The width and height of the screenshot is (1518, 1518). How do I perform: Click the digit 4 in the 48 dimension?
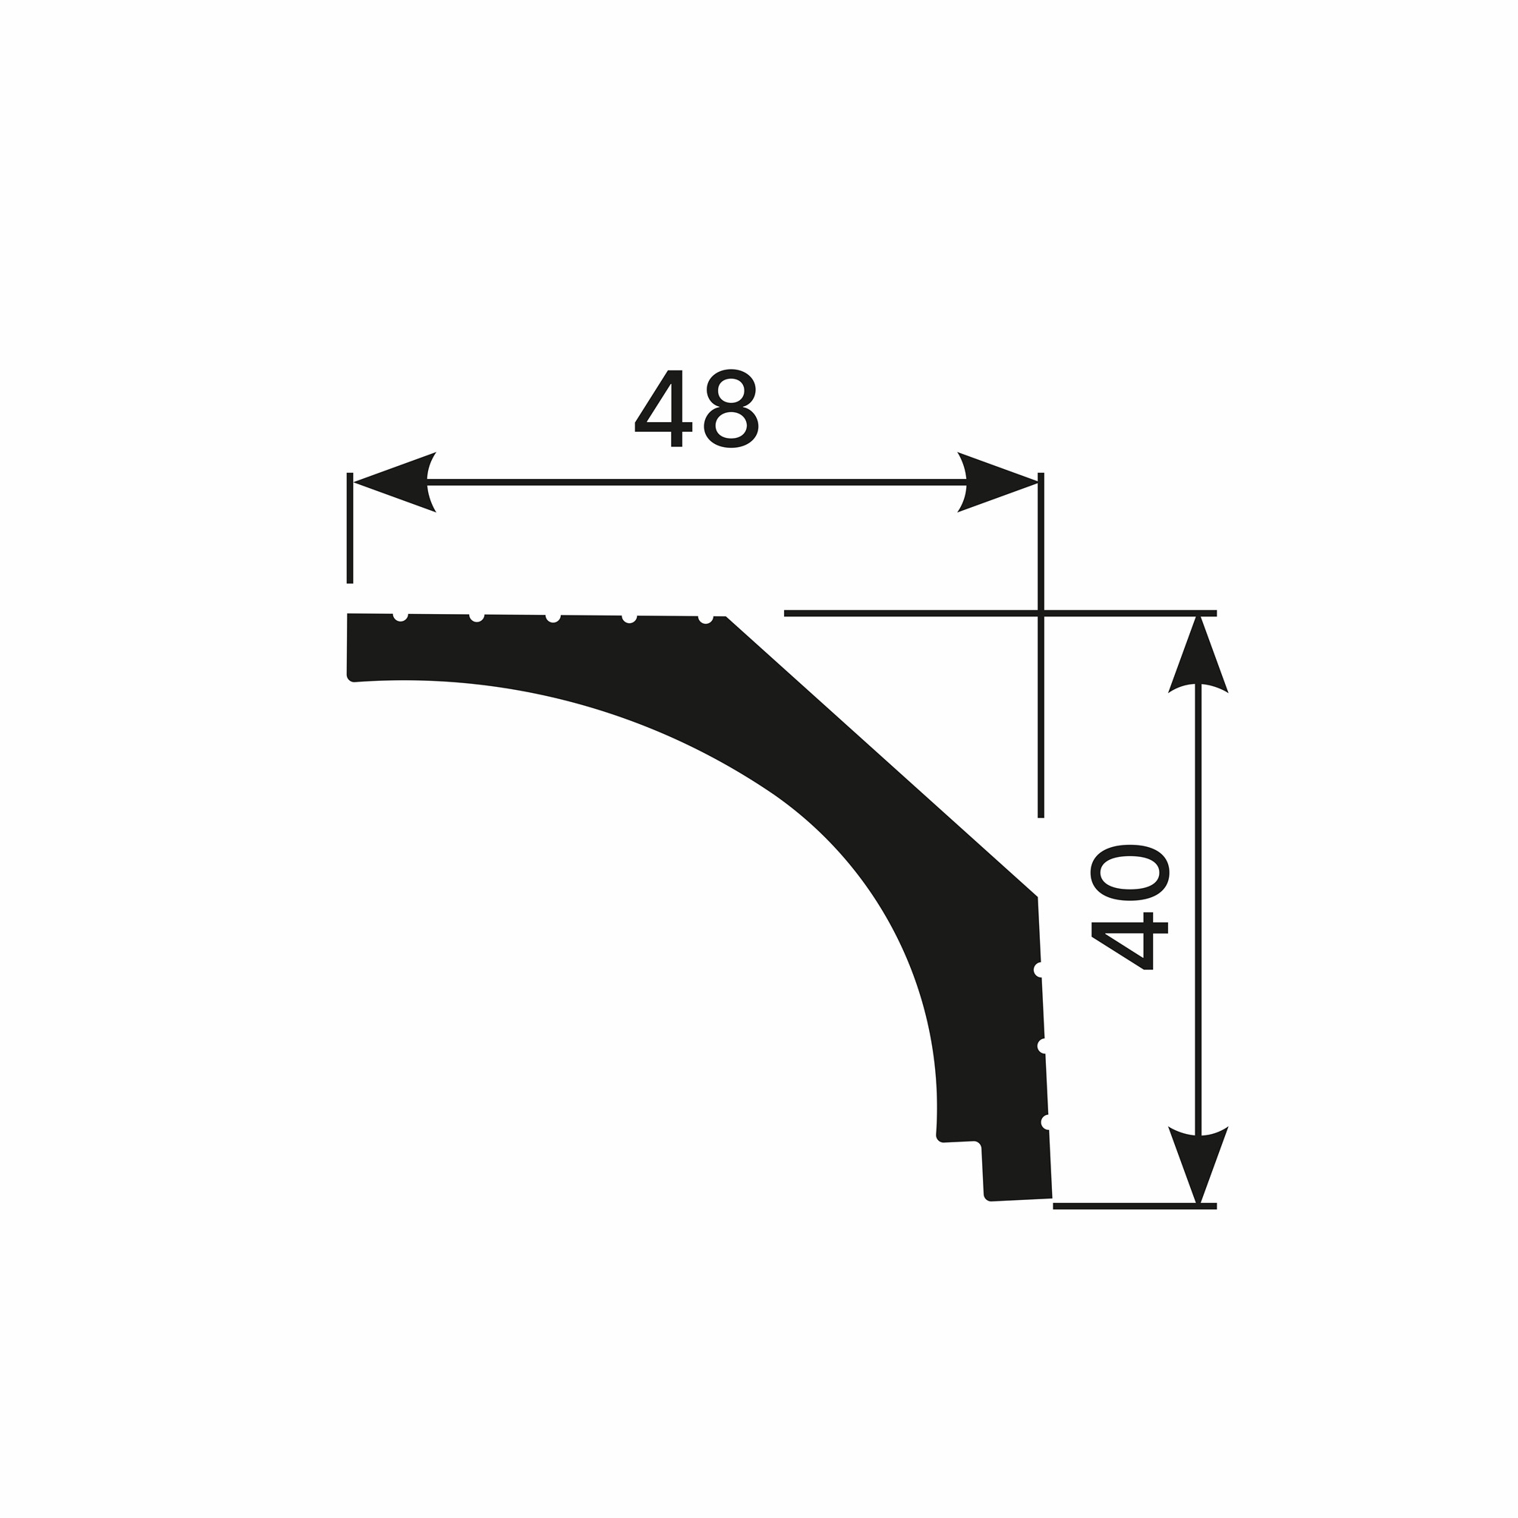coord(663,409)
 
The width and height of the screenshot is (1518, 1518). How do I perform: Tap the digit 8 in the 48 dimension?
coord(731,408)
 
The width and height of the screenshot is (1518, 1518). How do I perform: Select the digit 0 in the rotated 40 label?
coord(1130,873)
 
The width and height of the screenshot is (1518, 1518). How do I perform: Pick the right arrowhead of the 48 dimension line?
coord(998,483)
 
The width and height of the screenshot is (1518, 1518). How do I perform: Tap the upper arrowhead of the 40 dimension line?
coord(1198,657)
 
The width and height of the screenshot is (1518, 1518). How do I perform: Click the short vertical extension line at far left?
coord(350,528)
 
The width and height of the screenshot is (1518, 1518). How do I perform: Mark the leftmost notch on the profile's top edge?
coord(401,617)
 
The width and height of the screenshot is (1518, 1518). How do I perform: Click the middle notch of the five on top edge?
coord(553,618)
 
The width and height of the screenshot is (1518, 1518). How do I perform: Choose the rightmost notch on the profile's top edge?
coord(706,619)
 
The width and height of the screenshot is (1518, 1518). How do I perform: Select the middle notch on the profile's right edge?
coord(1042,1046)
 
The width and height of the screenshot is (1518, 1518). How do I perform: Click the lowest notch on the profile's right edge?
coord(1046,1122)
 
